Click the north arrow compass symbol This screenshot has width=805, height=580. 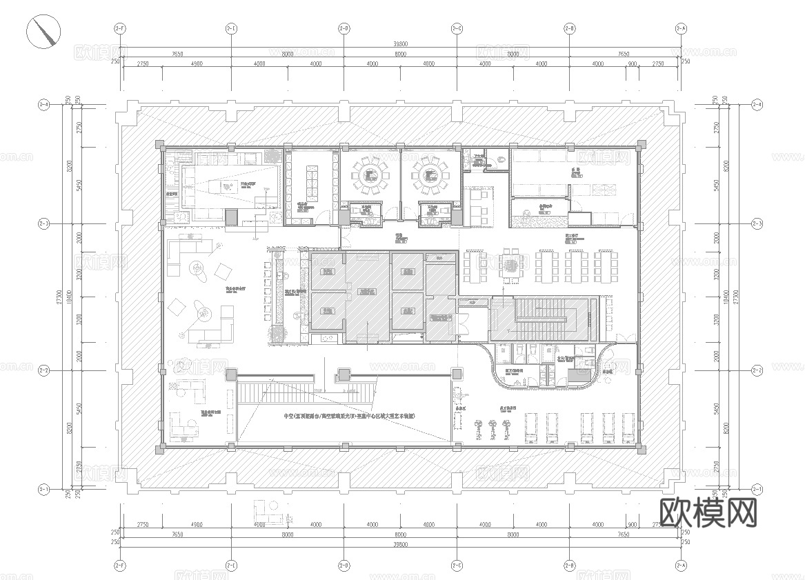point(43,32)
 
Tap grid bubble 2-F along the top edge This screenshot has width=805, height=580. point(120,28)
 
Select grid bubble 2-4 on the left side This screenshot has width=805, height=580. point(43,105)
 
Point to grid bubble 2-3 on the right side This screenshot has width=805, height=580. point(757,224)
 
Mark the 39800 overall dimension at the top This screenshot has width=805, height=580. point(399,43)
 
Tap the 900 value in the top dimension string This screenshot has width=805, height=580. point(632,64)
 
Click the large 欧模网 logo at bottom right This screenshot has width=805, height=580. point(708,512)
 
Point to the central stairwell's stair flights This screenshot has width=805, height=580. point(543,319)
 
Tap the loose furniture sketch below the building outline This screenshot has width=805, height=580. point(269,512)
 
